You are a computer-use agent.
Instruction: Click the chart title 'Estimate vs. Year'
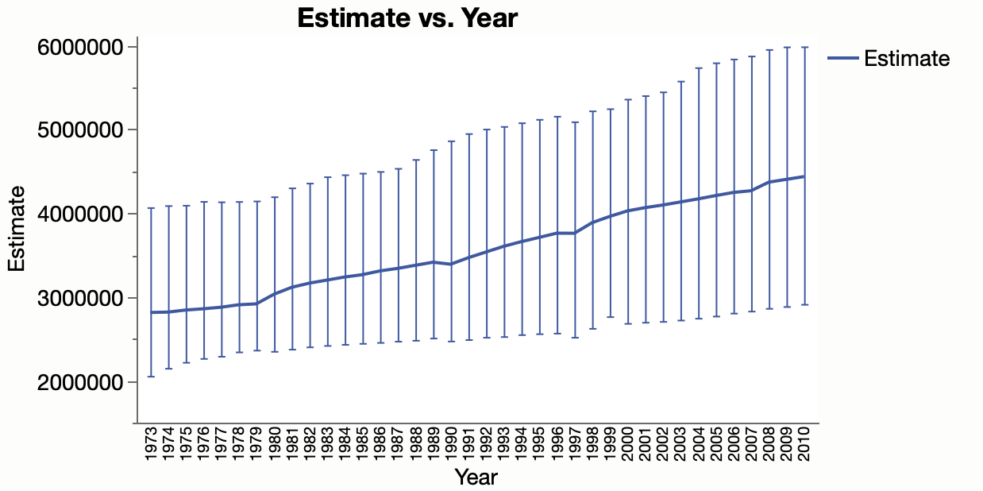(x=407, y=18)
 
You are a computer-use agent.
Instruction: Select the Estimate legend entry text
(x=907, y=58)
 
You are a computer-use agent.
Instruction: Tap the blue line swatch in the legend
(x=843, y=58)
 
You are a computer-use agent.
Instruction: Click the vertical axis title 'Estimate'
(x=17, y=229)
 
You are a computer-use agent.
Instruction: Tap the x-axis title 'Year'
(x=476, y=477)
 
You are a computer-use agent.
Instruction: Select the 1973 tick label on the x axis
(x=151, y=443)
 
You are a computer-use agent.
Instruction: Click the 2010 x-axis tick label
(x=804, y=443)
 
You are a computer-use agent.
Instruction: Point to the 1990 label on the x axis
(x=451, y=443)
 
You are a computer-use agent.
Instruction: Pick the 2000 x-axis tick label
(x=628, y=443)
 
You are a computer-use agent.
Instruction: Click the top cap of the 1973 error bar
(x=151, y=208)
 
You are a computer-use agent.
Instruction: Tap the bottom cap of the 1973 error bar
(x=151, y=377)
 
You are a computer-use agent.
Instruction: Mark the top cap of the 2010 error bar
(x=804, y=48)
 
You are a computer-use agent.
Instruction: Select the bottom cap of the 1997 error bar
(x=575, y=338)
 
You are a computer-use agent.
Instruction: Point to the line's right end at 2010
(x=804, y=176)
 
